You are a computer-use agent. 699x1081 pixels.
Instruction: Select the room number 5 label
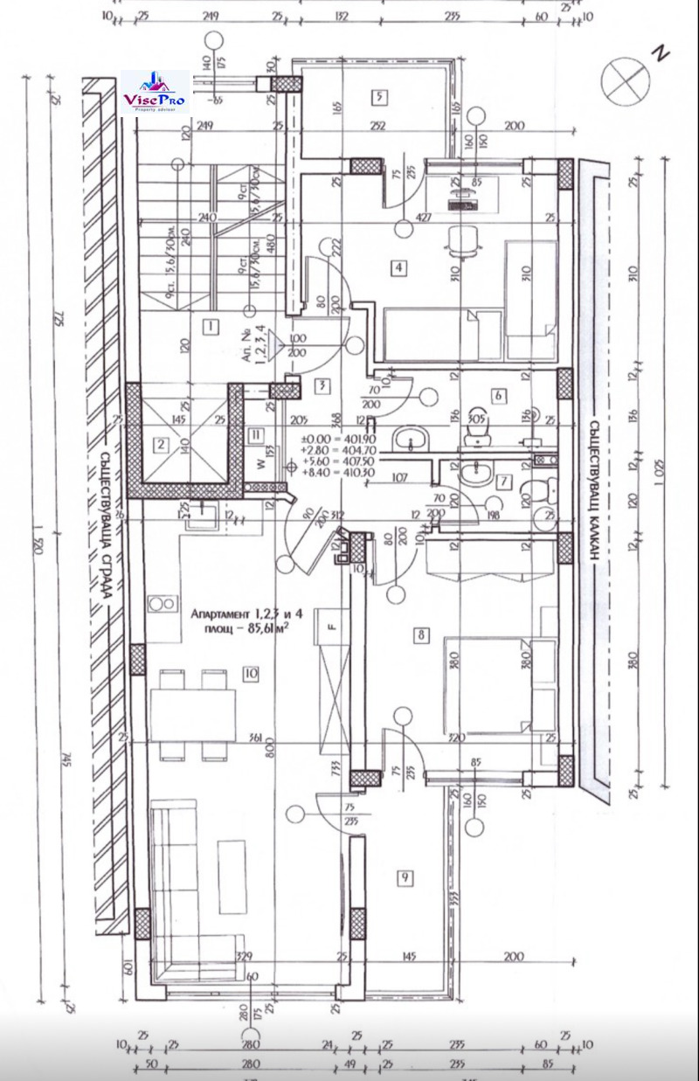378,97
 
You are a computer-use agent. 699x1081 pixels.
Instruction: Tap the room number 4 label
398,267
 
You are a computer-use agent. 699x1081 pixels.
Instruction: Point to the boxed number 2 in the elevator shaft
161,444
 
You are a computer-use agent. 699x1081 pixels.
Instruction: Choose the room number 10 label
251,673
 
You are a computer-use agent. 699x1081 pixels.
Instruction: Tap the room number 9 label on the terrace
405,878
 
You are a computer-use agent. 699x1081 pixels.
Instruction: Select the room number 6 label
498,396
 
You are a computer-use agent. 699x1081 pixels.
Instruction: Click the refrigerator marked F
332,627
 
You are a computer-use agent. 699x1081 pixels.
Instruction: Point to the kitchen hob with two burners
160,603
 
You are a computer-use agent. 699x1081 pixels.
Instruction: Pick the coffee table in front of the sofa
232,864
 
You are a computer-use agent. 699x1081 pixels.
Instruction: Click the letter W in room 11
248,452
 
